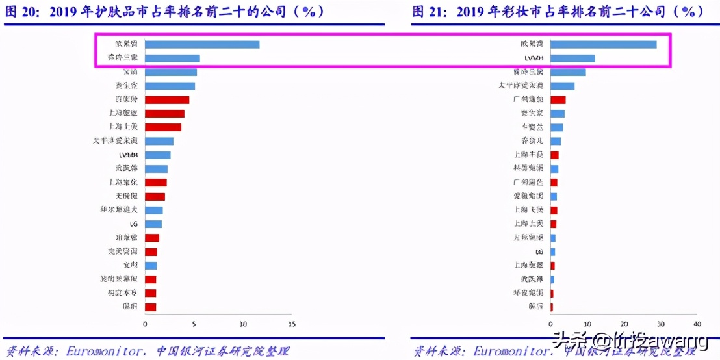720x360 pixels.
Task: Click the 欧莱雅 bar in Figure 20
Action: tap(202, 44)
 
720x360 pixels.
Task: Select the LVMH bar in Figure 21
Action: tap(572, 58)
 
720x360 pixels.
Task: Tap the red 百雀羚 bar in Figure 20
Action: tap(167, 99)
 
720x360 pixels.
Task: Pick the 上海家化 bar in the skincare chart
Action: tap(156, 183)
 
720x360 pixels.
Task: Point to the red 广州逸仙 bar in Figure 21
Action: tap(558, 99)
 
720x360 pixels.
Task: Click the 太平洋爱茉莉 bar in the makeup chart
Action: tap(563, 86)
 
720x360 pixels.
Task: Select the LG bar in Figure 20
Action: tap(153, 224)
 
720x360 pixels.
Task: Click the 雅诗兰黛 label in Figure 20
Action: tap(123, 58)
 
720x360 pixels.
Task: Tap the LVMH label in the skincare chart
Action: tap(127, 155)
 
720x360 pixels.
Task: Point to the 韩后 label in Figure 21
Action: tap(536, 307)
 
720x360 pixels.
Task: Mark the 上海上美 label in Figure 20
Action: tap(123, 127)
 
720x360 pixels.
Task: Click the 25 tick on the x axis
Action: tap(292, 324)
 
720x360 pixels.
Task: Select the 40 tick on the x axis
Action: tap(697, 324)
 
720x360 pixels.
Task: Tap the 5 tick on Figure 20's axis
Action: tap(194, 324)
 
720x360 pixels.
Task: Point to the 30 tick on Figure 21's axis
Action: tap(660, 324)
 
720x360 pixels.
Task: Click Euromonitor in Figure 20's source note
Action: tap(104, 352)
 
